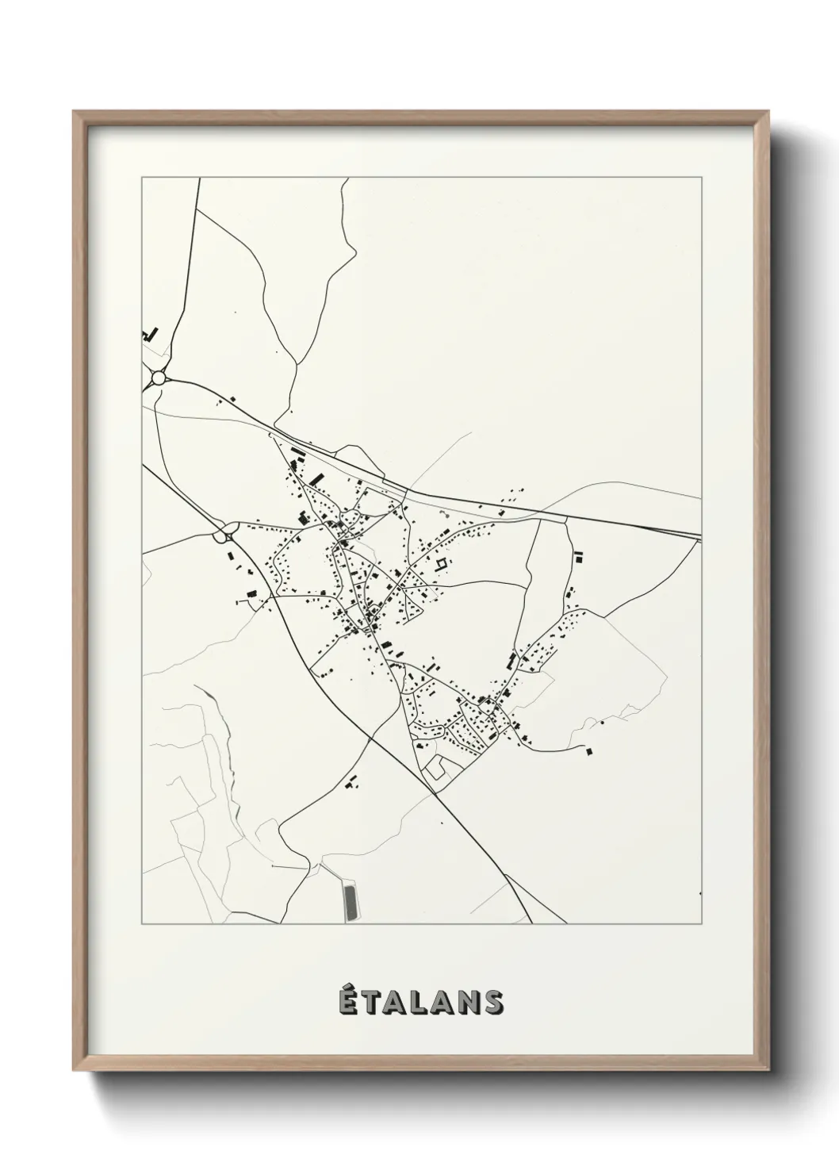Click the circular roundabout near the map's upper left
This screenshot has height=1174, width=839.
click(x=159, y=378)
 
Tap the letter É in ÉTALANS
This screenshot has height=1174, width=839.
click(x=346, y=1002)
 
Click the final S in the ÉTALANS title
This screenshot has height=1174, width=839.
click(x=492, y=1003)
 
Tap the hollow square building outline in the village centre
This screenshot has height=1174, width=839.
click(x=441, y=564)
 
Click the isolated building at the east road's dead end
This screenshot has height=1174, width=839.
click(x=588, y=750)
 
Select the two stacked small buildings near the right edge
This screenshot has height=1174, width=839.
click(x=578, y=557)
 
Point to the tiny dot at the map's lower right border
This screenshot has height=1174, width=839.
click(x=701, y=893)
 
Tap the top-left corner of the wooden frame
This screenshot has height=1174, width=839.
click(x=74, y=112)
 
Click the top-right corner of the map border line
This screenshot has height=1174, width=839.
click(x=702, y=178)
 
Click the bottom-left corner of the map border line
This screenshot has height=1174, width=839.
click(x=142, y=924)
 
